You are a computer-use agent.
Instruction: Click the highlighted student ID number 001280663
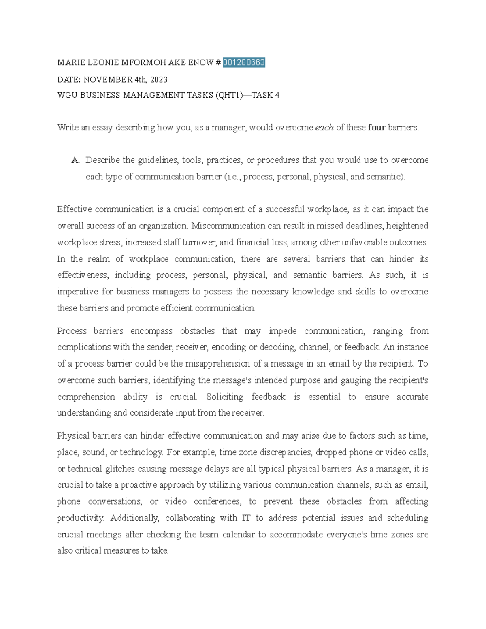(244, 62)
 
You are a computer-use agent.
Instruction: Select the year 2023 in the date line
(158, 79)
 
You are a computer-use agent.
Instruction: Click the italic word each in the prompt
(324, 128)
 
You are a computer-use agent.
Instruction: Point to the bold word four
(377, 128)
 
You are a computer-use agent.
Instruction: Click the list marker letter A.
(75, 160)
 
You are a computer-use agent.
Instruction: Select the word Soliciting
(224, 397)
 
